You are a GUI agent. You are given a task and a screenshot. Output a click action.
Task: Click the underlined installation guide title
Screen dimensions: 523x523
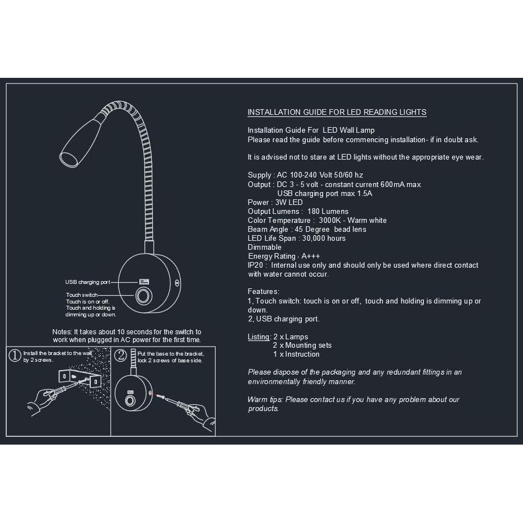(337, 112)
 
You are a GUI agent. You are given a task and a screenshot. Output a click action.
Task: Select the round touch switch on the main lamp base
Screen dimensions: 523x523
(143, 296)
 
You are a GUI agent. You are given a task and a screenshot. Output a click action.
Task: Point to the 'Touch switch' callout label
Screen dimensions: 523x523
(82, 295)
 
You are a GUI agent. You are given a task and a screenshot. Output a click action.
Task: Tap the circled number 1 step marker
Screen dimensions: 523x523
(15, 354)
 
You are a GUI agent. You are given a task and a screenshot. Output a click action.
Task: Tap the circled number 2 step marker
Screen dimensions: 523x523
(120, 354)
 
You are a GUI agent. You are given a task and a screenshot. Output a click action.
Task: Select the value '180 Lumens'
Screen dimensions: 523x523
(328, 211)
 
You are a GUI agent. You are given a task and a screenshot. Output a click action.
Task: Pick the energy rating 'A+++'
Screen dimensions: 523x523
(311, 256)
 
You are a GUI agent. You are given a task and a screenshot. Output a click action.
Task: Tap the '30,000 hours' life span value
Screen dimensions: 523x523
(324, 238)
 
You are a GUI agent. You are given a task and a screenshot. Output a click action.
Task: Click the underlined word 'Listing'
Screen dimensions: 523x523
(259, 337)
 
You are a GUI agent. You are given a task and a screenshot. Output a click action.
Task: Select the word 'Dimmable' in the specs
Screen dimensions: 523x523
(264, 247)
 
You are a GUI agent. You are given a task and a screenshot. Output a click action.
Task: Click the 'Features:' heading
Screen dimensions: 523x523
(263, 292)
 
